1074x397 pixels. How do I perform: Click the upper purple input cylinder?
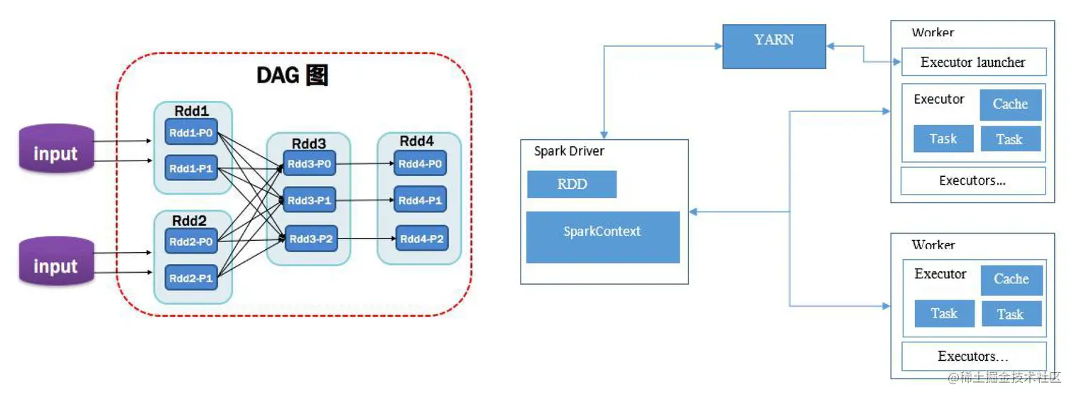click(56, 149)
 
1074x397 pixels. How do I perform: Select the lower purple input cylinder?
click(56, 262)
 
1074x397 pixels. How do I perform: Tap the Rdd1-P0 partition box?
click(191, 132)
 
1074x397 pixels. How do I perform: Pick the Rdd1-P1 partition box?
click(191, 168)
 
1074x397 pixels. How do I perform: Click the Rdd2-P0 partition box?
click(191, 241)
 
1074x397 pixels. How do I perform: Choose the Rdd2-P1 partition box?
click(191, 278)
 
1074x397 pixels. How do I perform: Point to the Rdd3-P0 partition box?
click(309, 164)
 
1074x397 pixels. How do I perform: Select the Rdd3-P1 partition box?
click(309, 200)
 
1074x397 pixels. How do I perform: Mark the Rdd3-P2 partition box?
click(309, 239)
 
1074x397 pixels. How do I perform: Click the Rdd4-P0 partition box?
click(420, 164)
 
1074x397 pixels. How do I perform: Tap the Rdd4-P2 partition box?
click(422, 239)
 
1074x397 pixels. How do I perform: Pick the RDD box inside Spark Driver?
click(572, 184)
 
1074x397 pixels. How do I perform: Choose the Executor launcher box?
click(973, 62)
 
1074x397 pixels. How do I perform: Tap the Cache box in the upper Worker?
click(1011, 104)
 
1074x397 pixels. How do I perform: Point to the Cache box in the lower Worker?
click(1011, 280)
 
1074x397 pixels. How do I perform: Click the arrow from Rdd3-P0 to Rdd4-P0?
click(364, 164)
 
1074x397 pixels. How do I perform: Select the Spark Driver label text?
click(569, 151)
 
